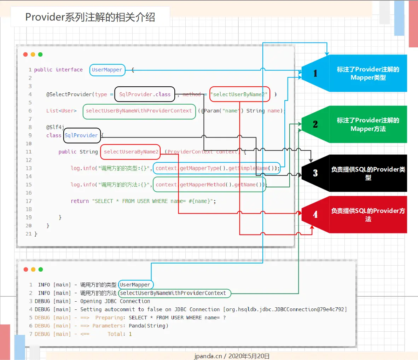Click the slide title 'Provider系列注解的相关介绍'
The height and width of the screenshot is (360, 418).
(x=90, y=17)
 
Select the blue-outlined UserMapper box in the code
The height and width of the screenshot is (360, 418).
(x=107, y=70)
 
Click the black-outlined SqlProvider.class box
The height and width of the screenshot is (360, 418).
(x=145, y=94)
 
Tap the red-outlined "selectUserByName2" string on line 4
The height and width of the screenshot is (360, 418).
(x=239, y=94)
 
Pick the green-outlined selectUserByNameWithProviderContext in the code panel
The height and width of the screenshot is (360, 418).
(x=139, y=111)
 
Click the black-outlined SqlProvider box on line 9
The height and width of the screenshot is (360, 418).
(x=82, y=135)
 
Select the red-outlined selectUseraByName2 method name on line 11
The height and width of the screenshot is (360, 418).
(x=130, y=152)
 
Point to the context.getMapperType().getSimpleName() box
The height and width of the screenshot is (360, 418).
(x=217, y=168)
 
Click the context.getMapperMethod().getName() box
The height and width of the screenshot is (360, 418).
(x=209, y=185)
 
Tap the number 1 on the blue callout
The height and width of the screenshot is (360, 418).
(x=315, y=73)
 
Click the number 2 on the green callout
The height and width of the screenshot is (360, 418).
(x=315, y=124)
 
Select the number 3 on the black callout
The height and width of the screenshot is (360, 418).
(x=315, y=173)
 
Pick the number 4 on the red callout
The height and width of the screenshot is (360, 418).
(x=315, y=215)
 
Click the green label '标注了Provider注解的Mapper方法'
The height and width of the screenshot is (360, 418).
(x=368, y=124)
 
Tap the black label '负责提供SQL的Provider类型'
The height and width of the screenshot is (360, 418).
(x=368, y=173)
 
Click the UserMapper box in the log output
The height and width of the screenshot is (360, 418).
(x=135, y=285)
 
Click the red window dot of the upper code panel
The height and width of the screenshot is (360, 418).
(x=25, y=54)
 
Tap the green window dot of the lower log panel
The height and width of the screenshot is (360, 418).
(x=41, y=269)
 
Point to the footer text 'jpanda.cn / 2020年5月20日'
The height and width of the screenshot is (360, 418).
(x=232, y=356)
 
